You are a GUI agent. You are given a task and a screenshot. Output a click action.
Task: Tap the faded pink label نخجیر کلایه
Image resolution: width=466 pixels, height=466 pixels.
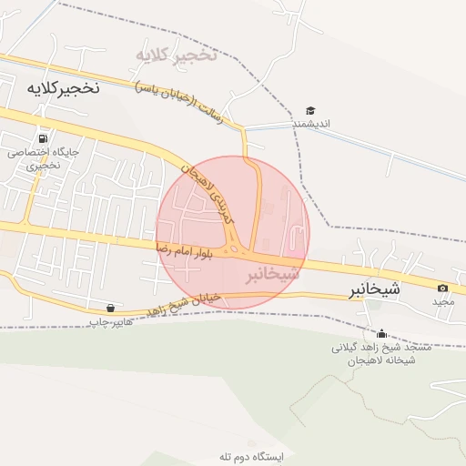pos(177,56)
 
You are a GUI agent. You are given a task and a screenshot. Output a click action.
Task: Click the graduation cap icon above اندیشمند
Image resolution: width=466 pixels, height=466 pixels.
pos(310,111)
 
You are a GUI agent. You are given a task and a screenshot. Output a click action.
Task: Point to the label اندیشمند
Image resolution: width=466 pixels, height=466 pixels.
pos(310,125)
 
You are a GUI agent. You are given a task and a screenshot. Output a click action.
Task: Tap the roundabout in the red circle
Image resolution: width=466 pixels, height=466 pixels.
pos(238,248)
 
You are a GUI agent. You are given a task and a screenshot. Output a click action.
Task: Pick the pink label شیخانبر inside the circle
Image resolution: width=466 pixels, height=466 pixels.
pos(272,273)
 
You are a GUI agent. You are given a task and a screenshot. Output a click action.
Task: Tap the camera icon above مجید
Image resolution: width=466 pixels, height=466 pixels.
pos(442,288)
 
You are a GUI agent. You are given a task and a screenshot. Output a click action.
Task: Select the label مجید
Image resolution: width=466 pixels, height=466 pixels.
pos(442,301)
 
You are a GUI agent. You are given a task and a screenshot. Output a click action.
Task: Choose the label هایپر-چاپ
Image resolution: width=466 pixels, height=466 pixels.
pos(111,322)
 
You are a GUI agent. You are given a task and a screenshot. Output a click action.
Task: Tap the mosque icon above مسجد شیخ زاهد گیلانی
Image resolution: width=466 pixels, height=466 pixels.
pos(380,333)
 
